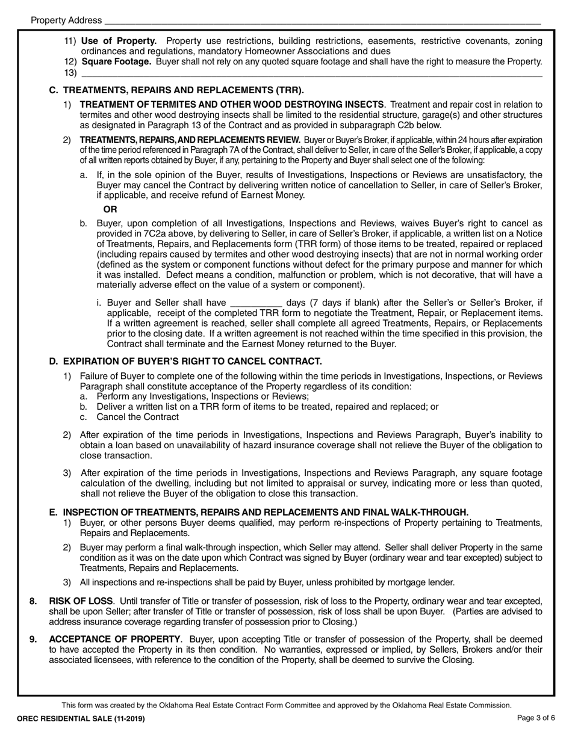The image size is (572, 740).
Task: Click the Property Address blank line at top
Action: tap(322, 21)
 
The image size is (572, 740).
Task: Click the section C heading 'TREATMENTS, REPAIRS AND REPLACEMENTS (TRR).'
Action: tap(184, 90)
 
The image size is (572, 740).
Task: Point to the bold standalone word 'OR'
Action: tap(110, 209)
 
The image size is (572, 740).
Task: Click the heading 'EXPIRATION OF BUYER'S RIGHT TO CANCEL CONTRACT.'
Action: tap(192, 361)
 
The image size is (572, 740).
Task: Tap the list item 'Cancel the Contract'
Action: tap(137, 417)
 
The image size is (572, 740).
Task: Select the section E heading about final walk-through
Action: tap(266, 512)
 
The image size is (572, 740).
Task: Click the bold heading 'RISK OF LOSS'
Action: tap(81, 601)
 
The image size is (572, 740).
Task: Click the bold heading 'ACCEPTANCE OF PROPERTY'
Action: tap(114, 638)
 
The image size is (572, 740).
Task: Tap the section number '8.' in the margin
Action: tap(34, 601)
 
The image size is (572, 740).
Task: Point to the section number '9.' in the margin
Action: tap(34, 638)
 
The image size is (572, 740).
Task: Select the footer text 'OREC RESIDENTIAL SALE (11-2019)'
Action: tap(81, 718)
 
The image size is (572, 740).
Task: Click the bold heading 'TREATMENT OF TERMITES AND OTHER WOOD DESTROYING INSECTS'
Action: tap(232, 105)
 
